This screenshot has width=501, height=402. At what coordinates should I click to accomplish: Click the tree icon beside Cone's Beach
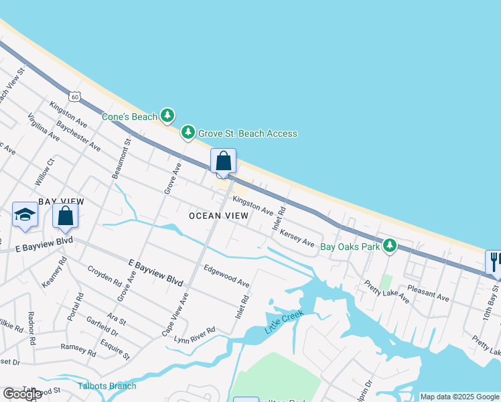click(167, 117)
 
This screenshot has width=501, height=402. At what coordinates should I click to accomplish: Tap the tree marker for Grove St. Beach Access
click(189, 133)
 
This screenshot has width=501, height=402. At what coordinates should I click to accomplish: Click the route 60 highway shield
click(75, 96)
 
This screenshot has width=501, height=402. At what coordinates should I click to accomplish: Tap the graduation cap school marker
click(25, 214)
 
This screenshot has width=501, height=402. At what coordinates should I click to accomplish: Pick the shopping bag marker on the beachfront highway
click(223, 161)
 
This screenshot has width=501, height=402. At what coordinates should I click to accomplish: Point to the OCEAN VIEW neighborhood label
click(218, 216)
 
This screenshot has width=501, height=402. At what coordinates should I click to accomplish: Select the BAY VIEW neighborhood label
click(61, 201)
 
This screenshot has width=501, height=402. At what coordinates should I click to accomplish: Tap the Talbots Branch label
click(107, 385)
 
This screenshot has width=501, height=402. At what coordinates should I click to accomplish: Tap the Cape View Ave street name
click(175, 314)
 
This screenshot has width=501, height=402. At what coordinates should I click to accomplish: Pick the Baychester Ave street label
click(78, 137)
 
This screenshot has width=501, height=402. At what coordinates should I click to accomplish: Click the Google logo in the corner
click(22, 394)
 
